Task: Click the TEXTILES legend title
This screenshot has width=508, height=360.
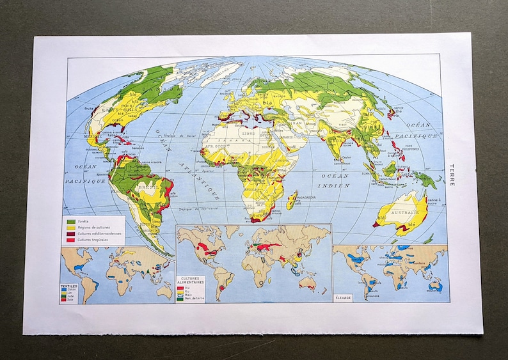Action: tap(69, 286)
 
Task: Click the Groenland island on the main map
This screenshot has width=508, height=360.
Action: tap(221, 72)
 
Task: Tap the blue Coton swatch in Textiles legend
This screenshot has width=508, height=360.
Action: tap(63, 290)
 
